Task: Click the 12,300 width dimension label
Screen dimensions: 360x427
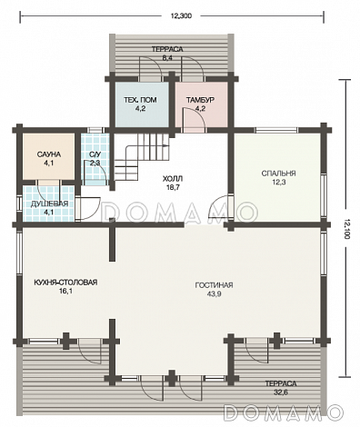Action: [181, 16]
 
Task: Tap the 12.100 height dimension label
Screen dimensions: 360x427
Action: [347, 228]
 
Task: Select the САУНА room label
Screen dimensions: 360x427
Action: [49, 154]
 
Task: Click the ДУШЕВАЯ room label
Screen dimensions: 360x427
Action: [49, 204]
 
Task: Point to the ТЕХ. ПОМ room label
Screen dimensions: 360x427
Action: [140, 100]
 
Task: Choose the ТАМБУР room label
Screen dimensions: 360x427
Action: [201, 100]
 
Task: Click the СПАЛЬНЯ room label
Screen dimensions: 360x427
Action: [278, 174]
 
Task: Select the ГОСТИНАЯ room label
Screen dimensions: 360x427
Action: [214, 285]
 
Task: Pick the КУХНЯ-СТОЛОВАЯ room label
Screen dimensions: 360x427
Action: [65, 283]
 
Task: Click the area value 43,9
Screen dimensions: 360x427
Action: [214, 293]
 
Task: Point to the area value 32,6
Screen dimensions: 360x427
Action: [281, 392]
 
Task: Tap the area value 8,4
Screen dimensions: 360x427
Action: [167, 58]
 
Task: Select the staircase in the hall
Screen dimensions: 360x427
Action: [142, 157]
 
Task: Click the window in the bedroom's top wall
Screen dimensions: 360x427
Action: [276, 130]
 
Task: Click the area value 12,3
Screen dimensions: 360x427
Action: [278, 183]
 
